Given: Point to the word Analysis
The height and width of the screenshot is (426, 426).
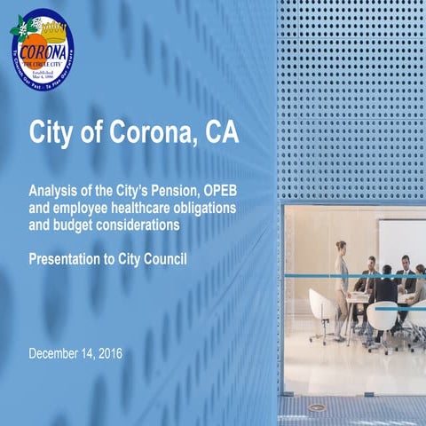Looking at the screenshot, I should (x=54, y=193).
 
